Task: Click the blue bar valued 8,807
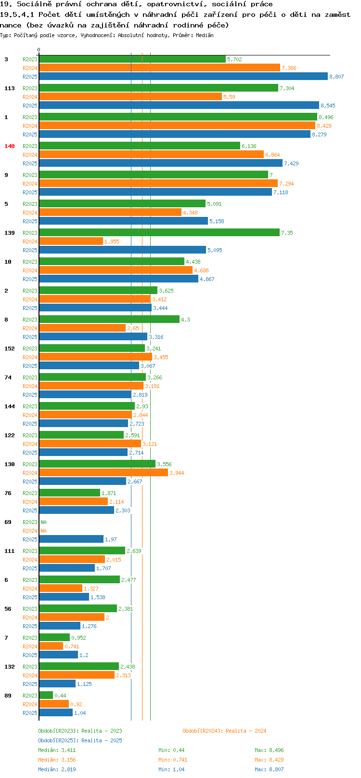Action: pos(183,77)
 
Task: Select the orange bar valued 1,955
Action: pos(71,241)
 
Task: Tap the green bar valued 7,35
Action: pos(159,233)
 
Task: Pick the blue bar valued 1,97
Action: pos(71,539)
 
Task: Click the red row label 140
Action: pos(9,146)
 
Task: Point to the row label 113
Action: pos(9,88)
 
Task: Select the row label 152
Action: pos(9,349)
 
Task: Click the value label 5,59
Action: pos(229,97)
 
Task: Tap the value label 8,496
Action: pos(326,118)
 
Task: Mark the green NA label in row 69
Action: pos(43,522)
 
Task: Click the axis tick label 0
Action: pos(39,50)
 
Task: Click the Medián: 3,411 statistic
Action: pos(57,750)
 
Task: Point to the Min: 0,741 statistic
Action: pos(173,760)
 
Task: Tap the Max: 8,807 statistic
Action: pos(269,769)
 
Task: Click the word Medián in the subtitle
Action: pos(205,35)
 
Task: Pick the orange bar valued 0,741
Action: pos(51,646)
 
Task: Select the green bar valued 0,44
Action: pos(46,695)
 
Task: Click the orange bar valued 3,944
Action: pos(103,473)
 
